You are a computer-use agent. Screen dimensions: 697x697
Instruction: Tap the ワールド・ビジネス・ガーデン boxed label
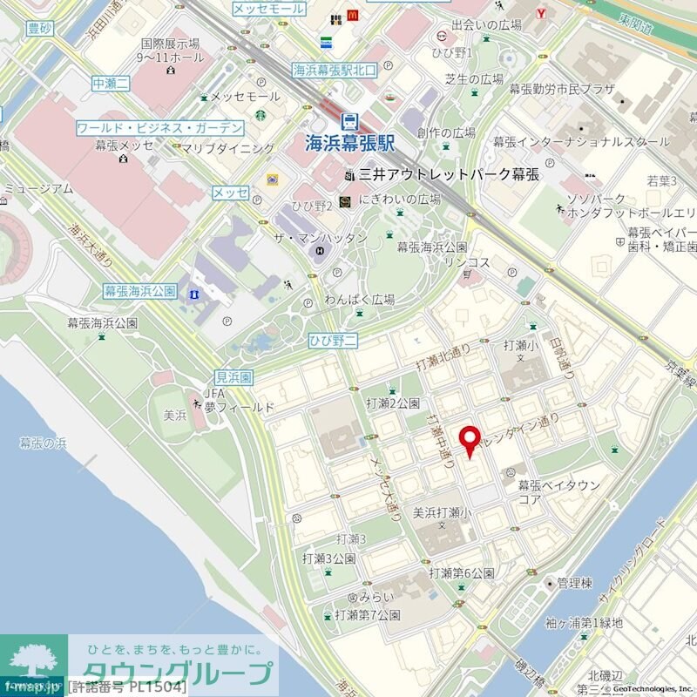click(160, 128)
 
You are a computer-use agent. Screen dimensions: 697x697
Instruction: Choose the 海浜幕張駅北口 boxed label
click(334, 71)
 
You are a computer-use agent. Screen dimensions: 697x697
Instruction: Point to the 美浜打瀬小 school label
click(442, 512)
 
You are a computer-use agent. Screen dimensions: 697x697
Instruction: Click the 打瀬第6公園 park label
click(462, 573)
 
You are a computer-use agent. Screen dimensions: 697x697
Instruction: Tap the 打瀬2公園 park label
click(393, 403)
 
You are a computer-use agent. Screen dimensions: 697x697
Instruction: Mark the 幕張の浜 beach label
click(43, 443)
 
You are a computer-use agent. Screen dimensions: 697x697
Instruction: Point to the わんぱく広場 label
click(360, 300)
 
